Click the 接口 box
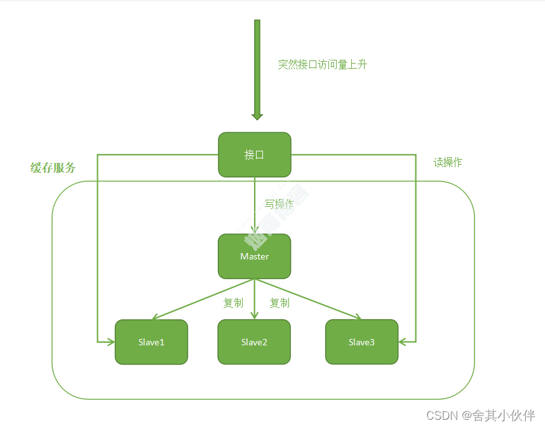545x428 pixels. point(254,155)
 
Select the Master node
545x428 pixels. point(254,256)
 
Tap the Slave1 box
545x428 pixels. point(151,342)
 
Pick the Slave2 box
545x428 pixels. point(254,342)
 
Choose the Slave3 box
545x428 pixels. point(361,342)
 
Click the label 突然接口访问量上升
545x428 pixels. point(322,64)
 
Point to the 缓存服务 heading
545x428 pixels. point(53,168)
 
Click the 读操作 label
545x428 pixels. point(448,162)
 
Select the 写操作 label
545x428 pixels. point(279,204)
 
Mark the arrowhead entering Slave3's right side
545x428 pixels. point(403,342)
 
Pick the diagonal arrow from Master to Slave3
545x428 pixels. point(309,299)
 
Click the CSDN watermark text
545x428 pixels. point(480,415)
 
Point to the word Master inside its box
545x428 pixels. point(254,256)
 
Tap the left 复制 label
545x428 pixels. point(233,303)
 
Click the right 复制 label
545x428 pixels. point(279,303)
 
